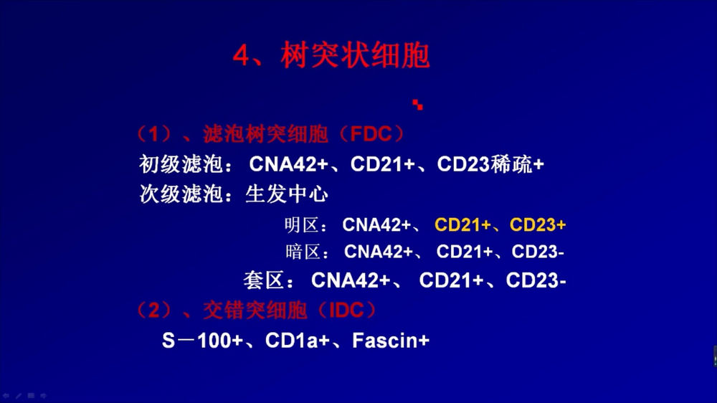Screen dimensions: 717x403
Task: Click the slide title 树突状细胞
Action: [x=355, y=55]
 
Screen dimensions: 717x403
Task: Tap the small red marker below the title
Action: [x=417, y=105]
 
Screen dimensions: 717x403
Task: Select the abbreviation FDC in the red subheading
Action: [x=371, y=135]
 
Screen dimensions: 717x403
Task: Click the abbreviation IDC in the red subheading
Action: [x=346, y=310]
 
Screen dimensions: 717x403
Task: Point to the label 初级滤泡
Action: [x=181, y=164]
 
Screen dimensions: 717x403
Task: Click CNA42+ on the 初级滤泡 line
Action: [x=288, y=164]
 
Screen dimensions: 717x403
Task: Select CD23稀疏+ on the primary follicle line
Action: [x=490, y=164]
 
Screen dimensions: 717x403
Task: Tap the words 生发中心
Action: [x=287, y=194]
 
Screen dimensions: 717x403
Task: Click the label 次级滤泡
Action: [x=181, y=194]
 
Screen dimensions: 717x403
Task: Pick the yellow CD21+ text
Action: [x=462, y=225]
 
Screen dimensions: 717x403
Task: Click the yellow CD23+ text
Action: [x=538, y=225]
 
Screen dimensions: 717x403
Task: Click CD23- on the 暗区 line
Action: [x=538, y=252]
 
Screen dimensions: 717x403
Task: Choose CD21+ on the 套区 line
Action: [x=451, y=280]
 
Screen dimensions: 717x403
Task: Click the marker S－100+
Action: [x=202, y=341]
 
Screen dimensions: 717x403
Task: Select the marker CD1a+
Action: [x=298, y=341]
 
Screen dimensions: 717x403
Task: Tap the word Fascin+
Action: [x=391, y=341]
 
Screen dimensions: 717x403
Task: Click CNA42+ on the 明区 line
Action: [x=377, y=225]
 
